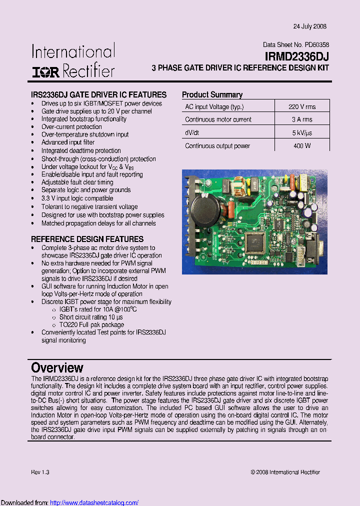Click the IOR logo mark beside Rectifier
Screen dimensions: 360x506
[x=45, y=71]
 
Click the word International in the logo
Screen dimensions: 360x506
[x=73, y=52]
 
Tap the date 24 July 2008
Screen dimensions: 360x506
[x=309, y=26]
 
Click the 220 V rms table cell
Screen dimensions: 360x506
[x=301, y=106]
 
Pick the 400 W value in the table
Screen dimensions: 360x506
[x=301, y=145]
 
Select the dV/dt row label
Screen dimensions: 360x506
[x=193, y=133]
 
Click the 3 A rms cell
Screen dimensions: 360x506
[x=301, y=119]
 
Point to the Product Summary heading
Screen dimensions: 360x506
[x=212, y=94]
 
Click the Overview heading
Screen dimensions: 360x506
[x=57, y=368]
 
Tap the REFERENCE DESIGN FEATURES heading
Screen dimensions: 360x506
[x=87, y=239]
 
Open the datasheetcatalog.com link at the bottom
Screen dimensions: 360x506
[x=94, y=502]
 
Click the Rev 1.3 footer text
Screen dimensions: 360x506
[x=40, y=472]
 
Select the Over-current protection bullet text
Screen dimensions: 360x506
[x=71, y=127]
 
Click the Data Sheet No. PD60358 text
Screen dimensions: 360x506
[x=295, y=44]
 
